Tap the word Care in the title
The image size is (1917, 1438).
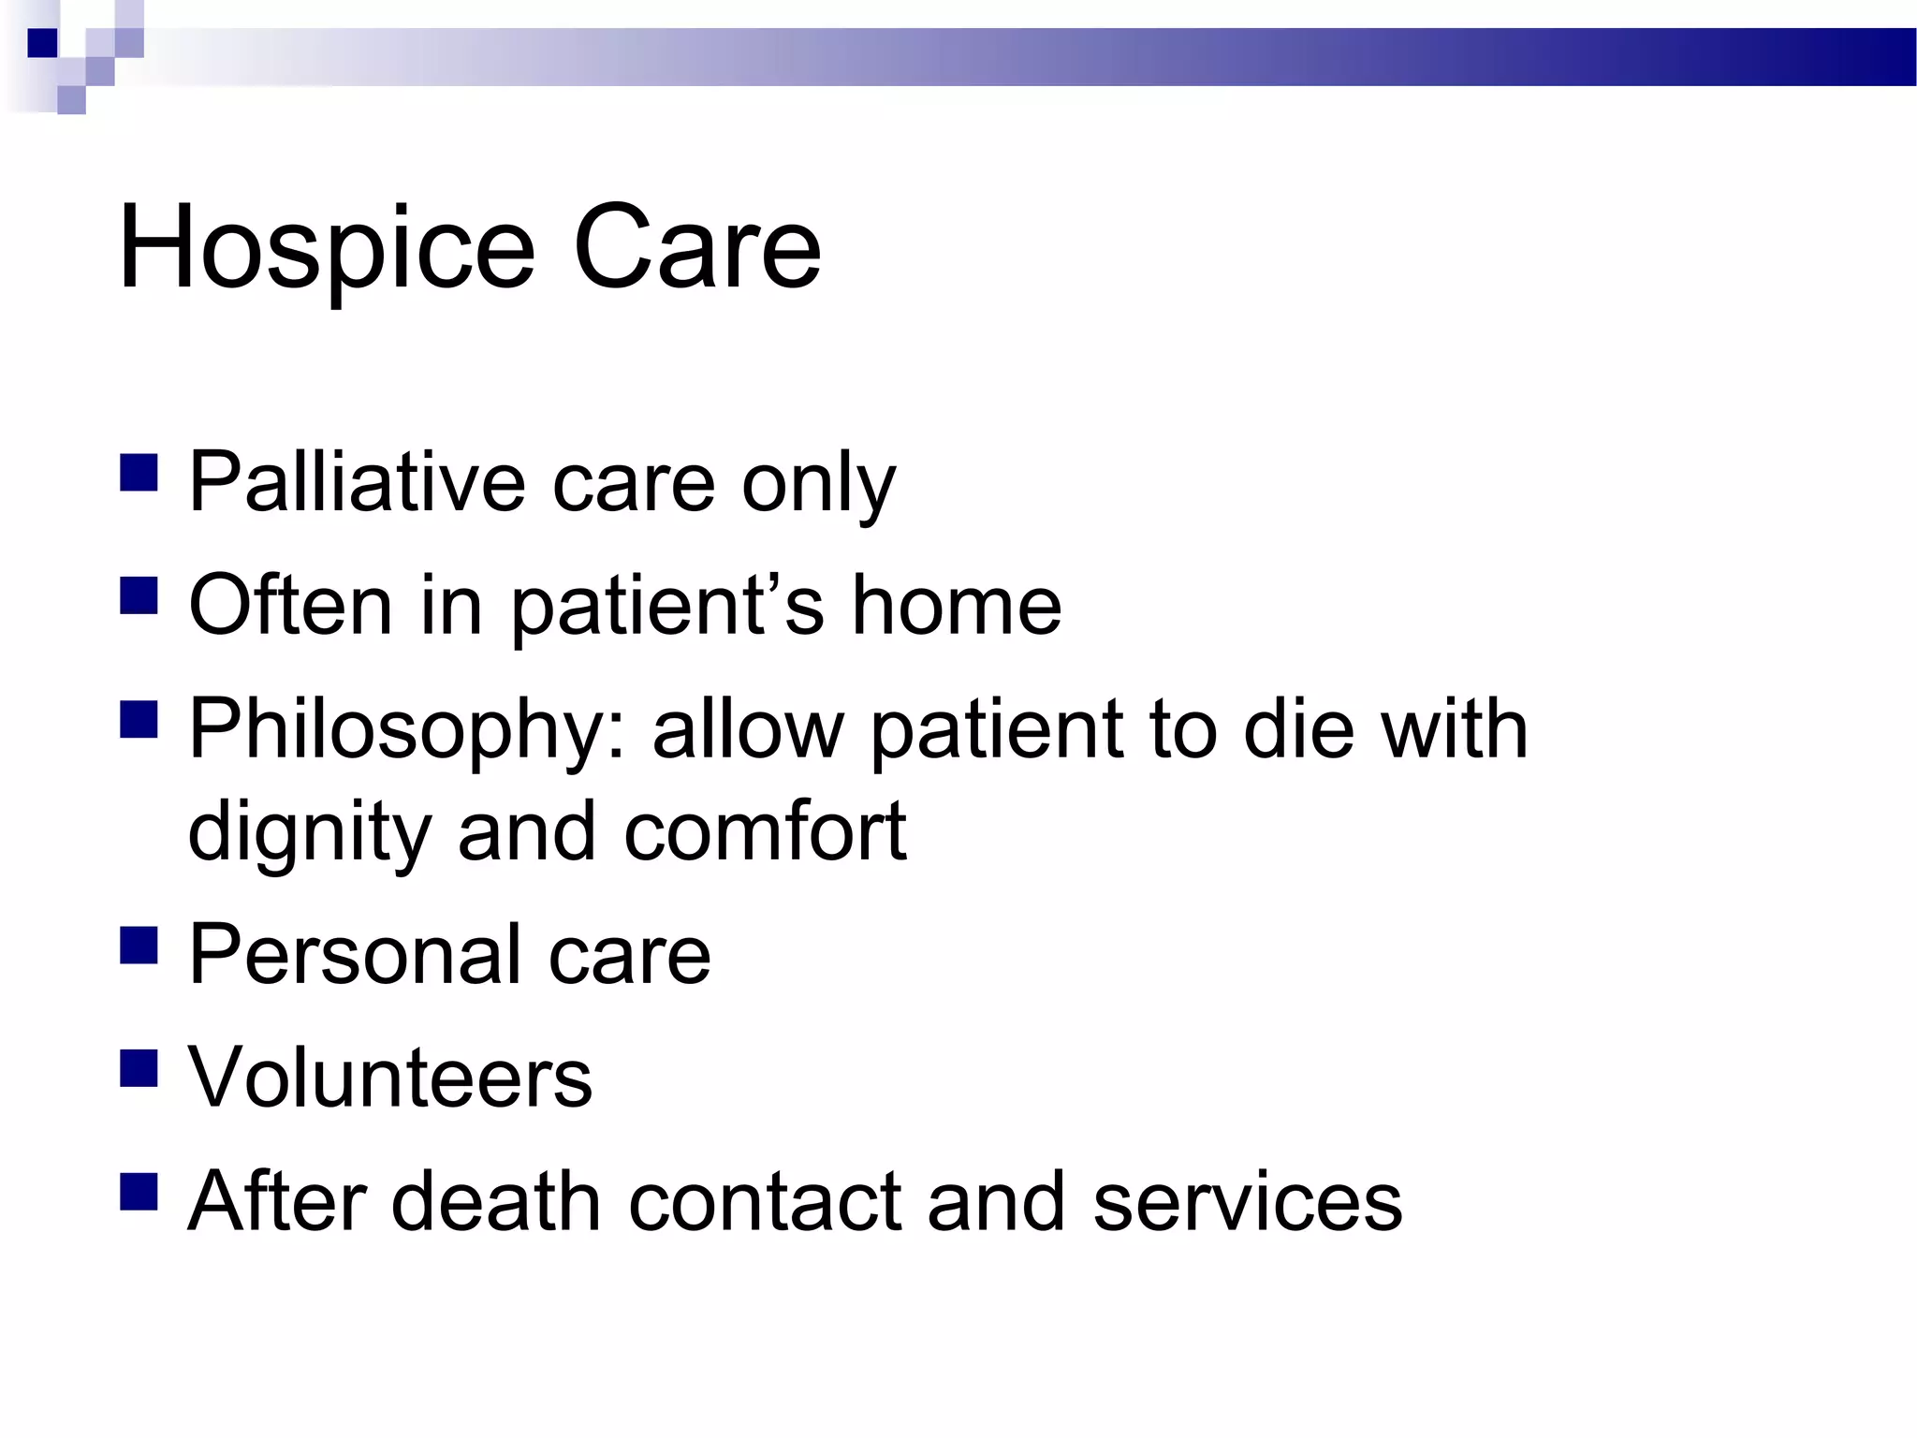click(x=696, y=250)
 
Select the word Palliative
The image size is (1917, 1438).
click(x=357, y=482)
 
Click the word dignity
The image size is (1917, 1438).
click(x=309, y=833)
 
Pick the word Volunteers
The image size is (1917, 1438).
click(x=390, y=1078)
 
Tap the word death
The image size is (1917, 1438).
click(x=495, y=1201)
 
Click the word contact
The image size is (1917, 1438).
click(x=765, y=1201)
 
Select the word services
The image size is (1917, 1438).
click(x=1247, y=1201)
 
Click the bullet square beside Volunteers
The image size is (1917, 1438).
click(x=139, y=1067)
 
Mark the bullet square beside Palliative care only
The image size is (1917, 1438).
click(x=139, y=473)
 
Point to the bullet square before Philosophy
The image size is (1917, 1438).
click(x=139, y=720)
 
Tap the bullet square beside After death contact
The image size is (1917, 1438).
click(x=139, y=1192)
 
